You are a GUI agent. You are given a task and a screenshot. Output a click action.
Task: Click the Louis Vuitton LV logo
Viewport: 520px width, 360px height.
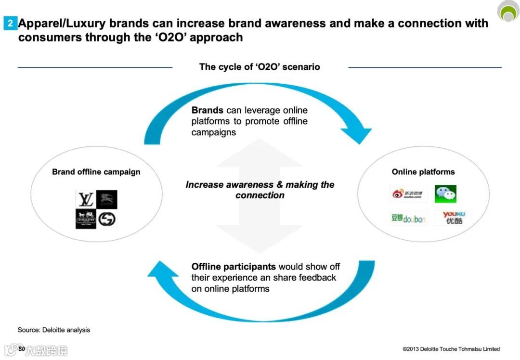click(x=86, y=199)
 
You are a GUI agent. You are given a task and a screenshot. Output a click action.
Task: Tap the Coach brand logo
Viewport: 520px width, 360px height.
click(x=86, y=219)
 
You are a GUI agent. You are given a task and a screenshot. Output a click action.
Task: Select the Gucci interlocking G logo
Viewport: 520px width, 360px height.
click(x=107, y=219)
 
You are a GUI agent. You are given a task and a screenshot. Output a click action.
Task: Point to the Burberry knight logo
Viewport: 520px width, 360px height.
click(x=107, y=199)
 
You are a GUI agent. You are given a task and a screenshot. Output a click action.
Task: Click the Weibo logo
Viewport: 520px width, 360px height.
click(x=408, y=194)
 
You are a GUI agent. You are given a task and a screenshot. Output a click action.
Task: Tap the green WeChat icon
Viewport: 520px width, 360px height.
click(x=445, y=194)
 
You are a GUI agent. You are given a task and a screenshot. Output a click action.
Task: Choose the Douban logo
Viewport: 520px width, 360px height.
click(x=408, y=219)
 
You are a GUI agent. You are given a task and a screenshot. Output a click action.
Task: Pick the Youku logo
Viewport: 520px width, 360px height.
click(x=453, y=218)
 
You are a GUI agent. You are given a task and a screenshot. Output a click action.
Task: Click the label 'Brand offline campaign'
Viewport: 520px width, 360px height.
click(x=96, y=172)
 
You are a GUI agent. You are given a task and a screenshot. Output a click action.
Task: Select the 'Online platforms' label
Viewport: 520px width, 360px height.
click(x=423, y=172)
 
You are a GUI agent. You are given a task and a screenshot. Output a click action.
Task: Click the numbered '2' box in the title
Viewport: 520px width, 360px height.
click(x=10, y=23)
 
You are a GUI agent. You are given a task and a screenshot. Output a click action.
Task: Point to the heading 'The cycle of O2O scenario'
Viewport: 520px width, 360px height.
click(x=260, y=67)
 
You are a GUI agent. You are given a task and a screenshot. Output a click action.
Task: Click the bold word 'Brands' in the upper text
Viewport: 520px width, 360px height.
click(x=207, y=110)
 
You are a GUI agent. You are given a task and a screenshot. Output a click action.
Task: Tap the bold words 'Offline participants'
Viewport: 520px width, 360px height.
click(x=234, y=267)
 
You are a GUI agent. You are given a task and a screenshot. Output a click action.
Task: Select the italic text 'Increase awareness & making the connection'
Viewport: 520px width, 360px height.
click(x=260, y=190)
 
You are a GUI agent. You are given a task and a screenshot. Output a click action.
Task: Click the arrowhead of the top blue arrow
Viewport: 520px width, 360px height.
click(x=358, y=134)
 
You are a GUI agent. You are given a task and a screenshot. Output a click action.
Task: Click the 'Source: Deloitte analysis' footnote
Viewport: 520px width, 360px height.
click(x=54, y=330)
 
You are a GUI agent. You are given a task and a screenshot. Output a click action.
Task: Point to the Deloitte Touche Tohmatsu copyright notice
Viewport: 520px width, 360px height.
click(x=451, y=349)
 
